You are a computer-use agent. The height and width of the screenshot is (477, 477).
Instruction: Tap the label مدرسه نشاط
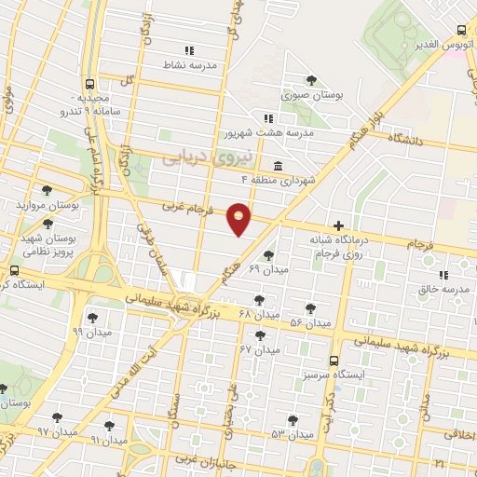coord(190,65)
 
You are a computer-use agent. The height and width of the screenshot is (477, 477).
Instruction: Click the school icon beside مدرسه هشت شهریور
coord(268,118)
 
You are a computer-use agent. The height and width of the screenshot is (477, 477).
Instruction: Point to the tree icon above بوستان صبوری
coord(312,80)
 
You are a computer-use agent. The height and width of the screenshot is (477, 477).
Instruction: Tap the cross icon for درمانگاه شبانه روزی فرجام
coord(339,225)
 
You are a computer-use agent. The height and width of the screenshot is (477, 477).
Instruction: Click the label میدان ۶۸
coord(259,314)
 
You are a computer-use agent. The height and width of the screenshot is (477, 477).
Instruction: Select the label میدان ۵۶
coord(310,323)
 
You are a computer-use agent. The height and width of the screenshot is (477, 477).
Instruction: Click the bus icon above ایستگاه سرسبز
coord(334,360)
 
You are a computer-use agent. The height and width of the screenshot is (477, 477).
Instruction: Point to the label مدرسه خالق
coord(439,289)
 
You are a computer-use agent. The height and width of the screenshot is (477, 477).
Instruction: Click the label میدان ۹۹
coord(92,331)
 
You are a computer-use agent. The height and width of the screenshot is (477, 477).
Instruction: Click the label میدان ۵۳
coord(291,434)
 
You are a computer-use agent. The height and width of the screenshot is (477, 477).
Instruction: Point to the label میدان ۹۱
coord(108,438)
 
